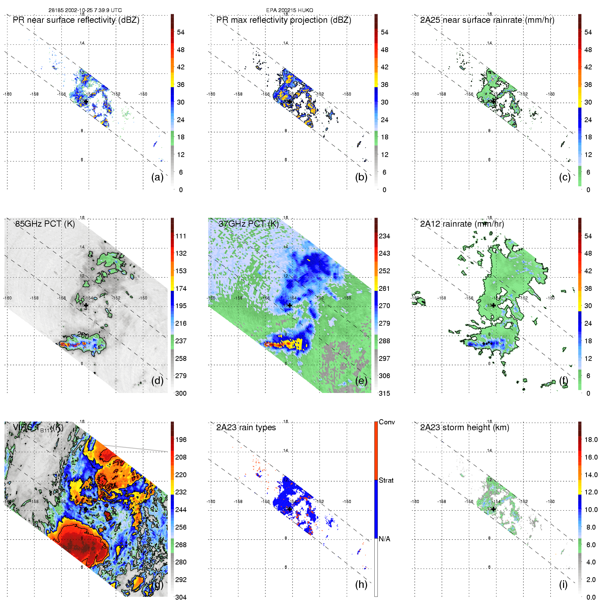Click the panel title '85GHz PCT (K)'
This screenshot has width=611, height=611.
click(x=45, y=224)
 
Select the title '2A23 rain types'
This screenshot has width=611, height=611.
click(x=246, y=427)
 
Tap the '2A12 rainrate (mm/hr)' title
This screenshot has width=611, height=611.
click(x=462, y=224)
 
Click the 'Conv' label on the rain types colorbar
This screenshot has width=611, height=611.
click(x=386, y=422)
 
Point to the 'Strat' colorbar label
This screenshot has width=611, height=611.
click(x=386, y=480)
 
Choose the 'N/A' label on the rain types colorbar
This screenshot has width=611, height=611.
click(x=384, y=539)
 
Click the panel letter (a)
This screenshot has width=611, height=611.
click(x=157, y=177)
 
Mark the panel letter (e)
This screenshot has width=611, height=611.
click(x=361, y=381)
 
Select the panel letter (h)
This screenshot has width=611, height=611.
click(x=361, y=584)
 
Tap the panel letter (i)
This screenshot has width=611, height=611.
click(x=563, y=584)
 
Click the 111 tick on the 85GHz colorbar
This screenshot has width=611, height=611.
click(x=181, y=236)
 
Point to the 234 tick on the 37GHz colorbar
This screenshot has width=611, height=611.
click(x=384, y=236)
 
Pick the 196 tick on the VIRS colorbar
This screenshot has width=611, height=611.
click(x=181, y=440)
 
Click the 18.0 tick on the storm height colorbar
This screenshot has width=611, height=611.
click(x=591, y=440)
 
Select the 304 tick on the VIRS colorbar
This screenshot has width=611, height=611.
click(x=181, y=597)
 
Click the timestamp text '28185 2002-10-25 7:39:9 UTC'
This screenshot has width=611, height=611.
click(x=85, y=10)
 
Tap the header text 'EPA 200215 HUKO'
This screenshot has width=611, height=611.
click(x=289, y=10)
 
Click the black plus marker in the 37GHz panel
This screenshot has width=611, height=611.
click(x=290, y=305)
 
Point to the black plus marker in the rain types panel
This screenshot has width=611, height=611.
click(x=290, y=509)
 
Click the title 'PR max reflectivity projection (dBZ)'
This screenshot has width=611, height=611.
click(x=284, y=20)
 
